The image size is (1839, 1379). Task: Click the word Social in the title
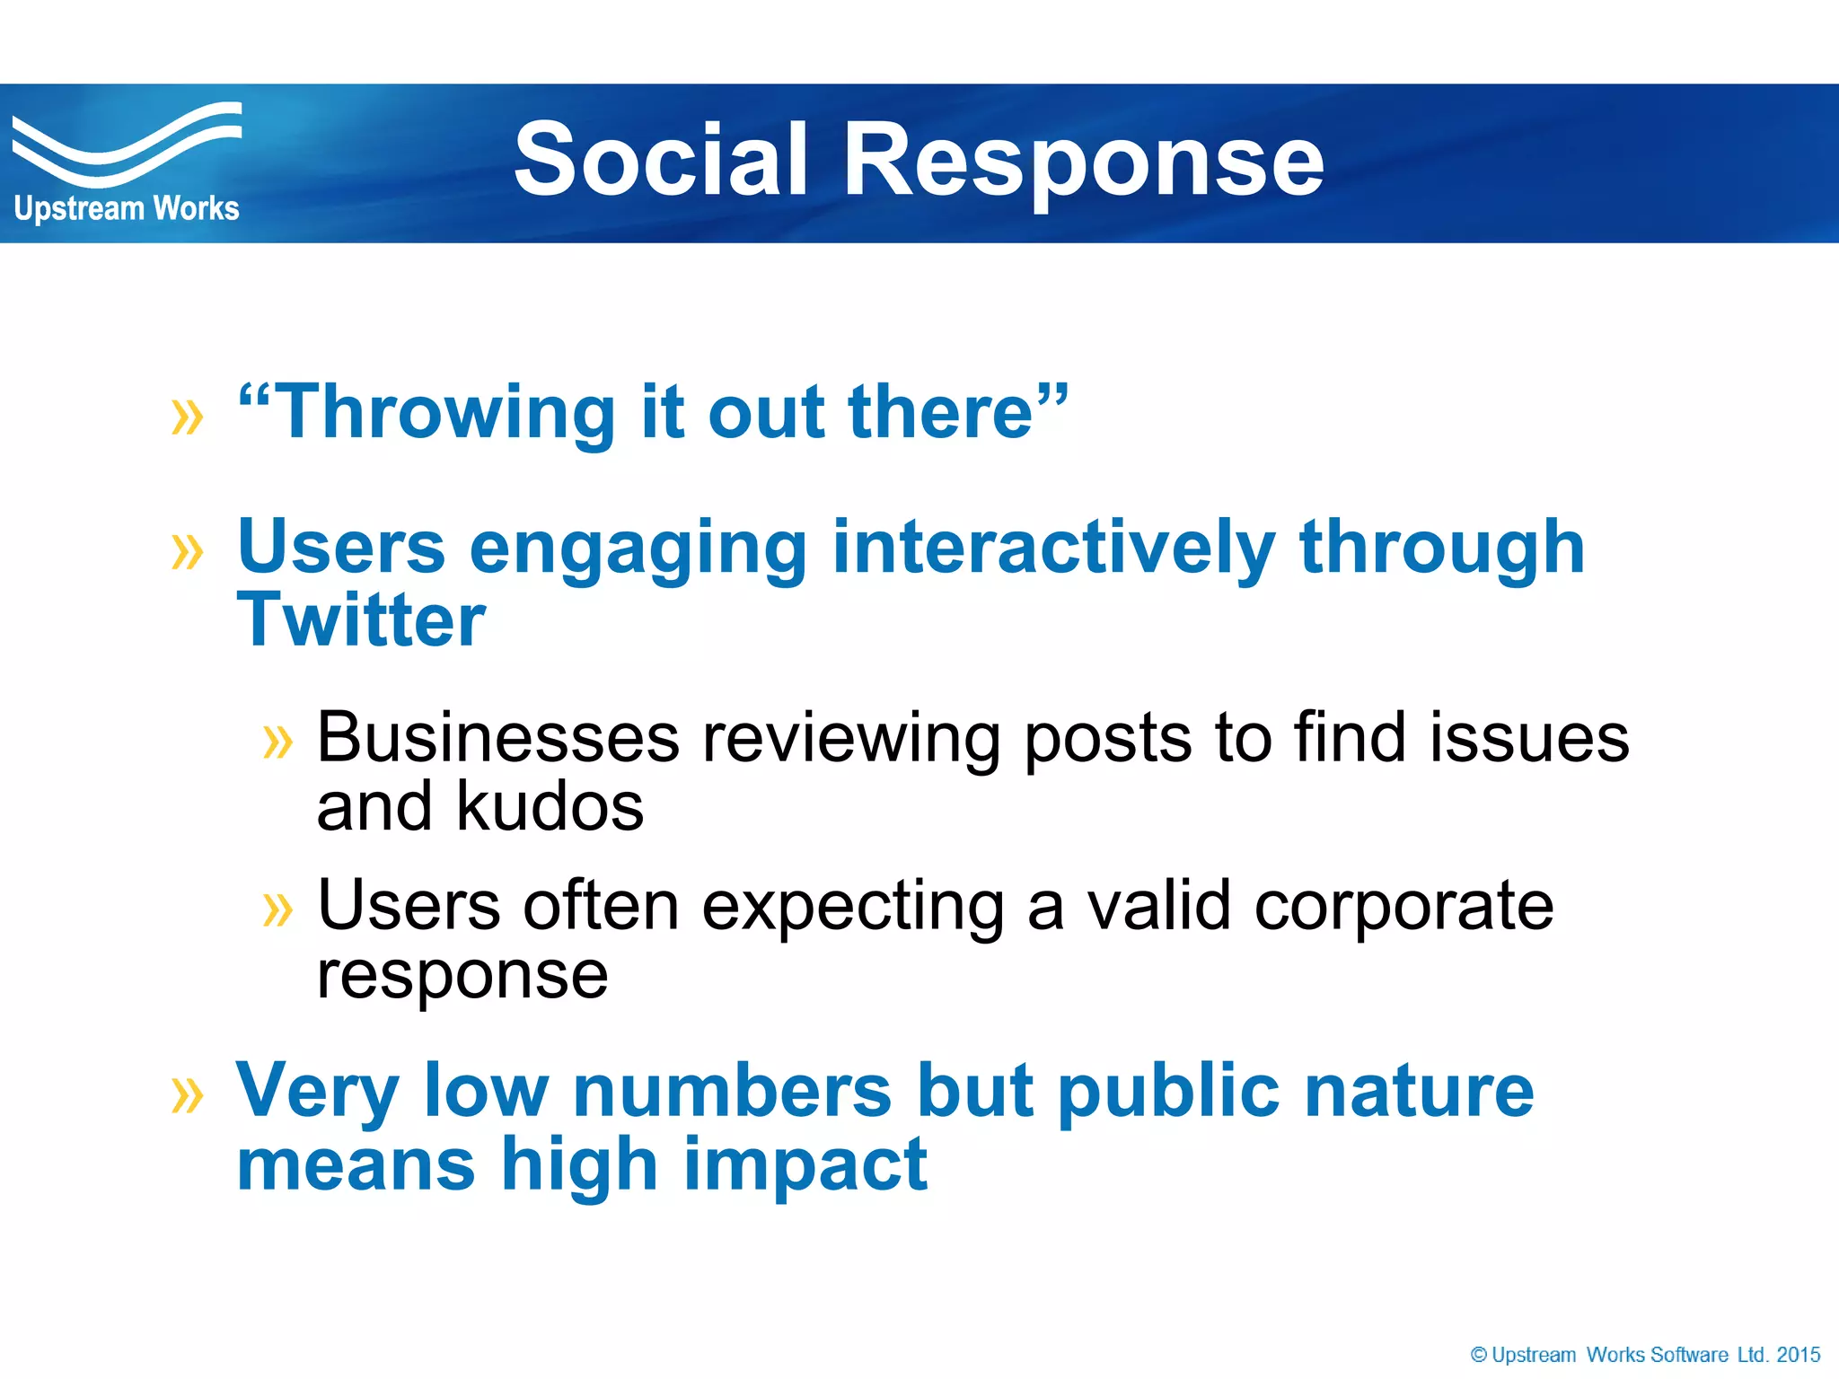(x=660, y=160)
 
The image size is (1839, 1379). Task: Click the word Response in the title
(x=1083, y=160)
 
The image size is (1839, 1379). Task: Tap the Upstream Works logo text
(x=127, y=208)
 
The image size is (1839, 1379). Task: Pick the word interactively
(x=1053, y=548)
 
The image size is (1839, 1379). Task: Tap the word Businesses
(x=498, y=738)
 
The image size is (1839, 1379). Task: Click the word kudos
(x=550, y=806)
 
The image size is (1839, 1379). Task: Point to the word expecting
(x=853, y=907)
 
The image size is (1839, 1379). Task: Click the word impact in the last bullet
(x=805, y=1164)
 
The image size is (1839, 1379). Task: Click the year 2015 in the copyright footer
(x=1798, y=1355)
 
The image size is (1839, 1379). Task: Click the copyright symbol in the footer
(x=1478, y=1355)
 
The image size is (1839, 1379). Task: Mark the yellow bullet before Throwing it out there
(x=187, y=417)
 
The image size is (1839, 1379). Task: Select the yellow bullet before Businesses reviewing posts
(x=277, y=742)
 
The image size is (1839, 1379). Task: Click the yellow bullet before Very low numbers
(x=187, y=1095)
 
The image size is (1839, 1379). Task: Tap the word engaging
(x=638, y=549)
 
